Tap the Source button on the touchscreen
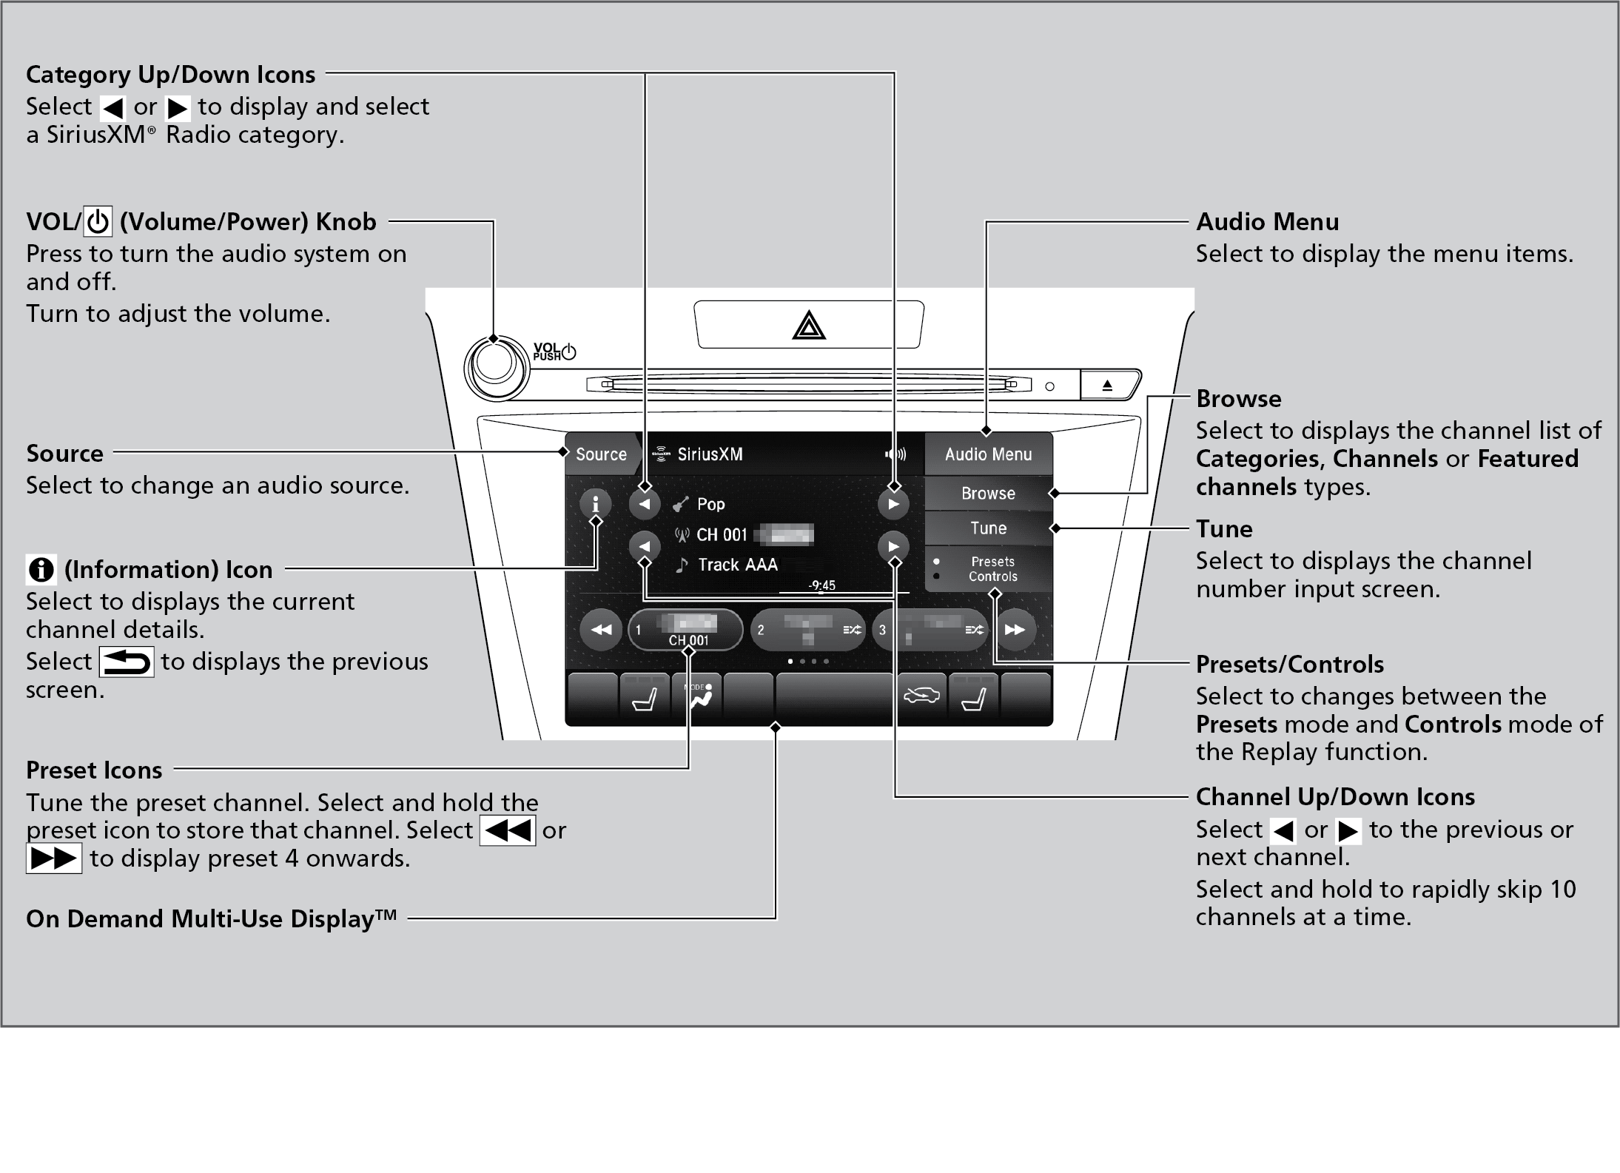(600, 454)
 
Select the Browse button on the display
(988, 493)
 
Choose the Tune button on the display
(988, 528)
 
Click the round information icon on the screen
(595, 504)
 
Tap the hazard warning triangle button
(808, 326)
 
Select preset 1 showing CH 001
(686, 630)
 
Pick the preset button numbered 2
(807, 630)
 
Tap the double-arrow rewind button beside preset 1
(600, 630)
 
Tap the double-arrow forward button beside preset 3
(1014, 630)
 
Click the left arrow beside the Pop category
(645, 505)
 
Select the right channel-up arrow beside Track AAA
(893, 547)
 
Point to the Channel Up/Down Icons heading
(1335, 797)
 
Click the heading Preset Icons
(94, 770)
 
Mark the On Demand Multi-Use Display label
(211, 919)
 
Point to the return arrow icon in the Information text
(127, 662)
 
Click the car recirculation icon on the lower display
(921, 696)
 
